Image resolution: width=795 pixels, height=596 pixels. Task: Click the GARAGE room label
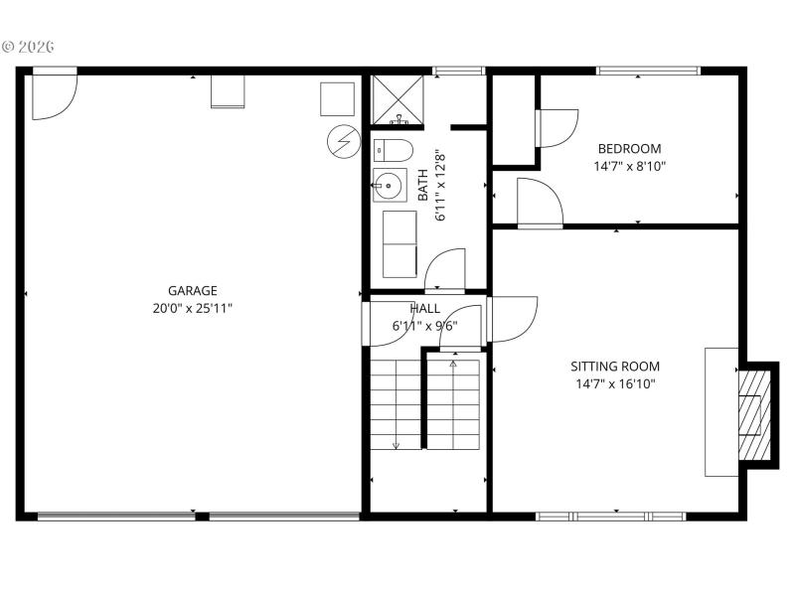click(x=192, y=291)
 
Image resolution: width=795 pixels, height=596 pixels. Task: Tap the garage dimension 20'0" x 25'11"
click(x=192, y=308)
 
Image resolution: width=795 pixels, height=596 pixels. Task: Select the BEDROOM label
click(x=629, y=149)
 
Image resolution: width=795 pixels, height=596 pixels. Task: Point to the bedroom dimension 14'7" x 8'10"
click(x=629, y=167)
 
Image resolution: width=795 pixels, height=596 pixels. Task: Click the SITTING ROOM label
click(x=614, y=367)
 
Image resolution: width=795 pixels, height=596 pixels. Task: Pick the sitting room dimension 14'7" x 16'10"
click(x=614, y=383)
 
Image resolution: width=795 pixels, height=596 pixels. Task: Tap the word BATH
click(x=422, y=185)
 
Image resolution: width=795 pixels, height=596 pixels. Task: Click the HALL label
click(x=424, y=309)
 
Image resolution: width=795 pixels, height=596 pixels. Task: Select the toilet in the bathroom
click(x=393, y=150)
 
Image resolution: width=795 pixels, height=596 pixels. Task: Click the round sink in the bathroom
click(x=389, y=185)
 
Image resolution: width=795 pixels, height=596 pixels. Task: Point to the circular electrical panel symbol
click(x=343, y=142)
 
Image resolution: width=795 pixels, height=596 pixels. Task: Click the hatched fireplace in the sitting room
click(x=755, y=415)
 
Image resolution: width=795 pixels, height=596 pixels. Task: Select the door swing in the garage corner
click(x=53, y=94)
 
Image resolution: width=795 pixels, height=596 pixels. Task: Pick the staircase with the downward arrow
click(x=396, y=404)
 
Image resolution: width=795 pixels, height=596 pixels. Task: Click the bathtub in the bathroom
click(x=399, y=244)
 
